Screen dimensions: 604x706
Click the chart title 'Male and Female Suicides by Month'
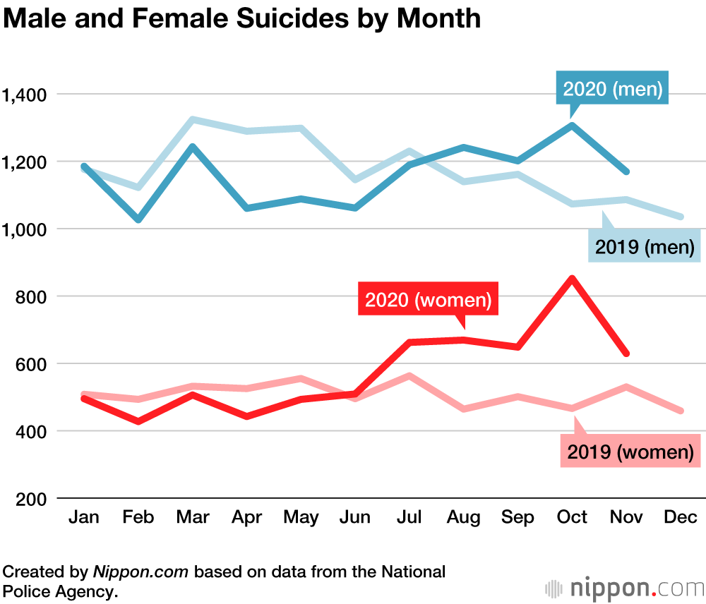242,18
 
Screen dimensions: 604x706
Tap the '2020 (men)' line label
612,89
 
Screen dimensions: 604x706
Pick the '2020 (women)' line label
429,299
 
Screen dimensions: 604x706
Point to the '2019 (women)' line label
630,452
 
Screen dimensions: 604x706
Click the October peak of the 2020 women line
573,278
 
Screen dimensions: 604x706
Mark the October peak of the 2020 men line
573,126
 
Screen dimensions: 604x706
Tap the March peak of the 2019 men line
193,120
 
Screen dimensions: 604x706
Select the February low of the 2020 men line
138,220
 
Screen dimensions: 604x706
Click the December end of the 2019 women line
681,411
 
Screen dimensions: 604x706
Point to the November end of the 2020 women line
626,354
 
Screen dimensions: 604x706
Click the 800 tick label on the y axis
32,296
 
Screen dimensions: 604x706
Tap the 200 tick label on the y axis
32,498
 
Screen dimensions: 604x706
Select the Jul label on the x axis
409,517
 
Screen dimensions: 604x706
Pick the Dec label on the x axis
681,517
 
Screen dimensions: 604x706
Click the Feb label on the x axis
138,517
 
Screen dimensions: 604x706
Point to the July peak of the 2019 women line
409,376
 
